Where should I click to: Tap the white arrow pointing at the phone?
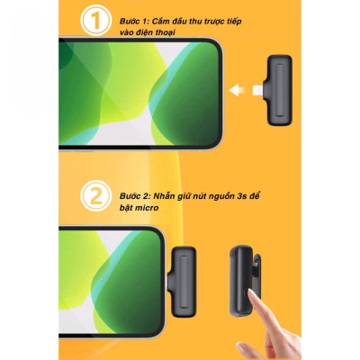click(x=238, y=89)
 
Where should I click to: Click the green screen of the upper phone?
click(x=135, y=90)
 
